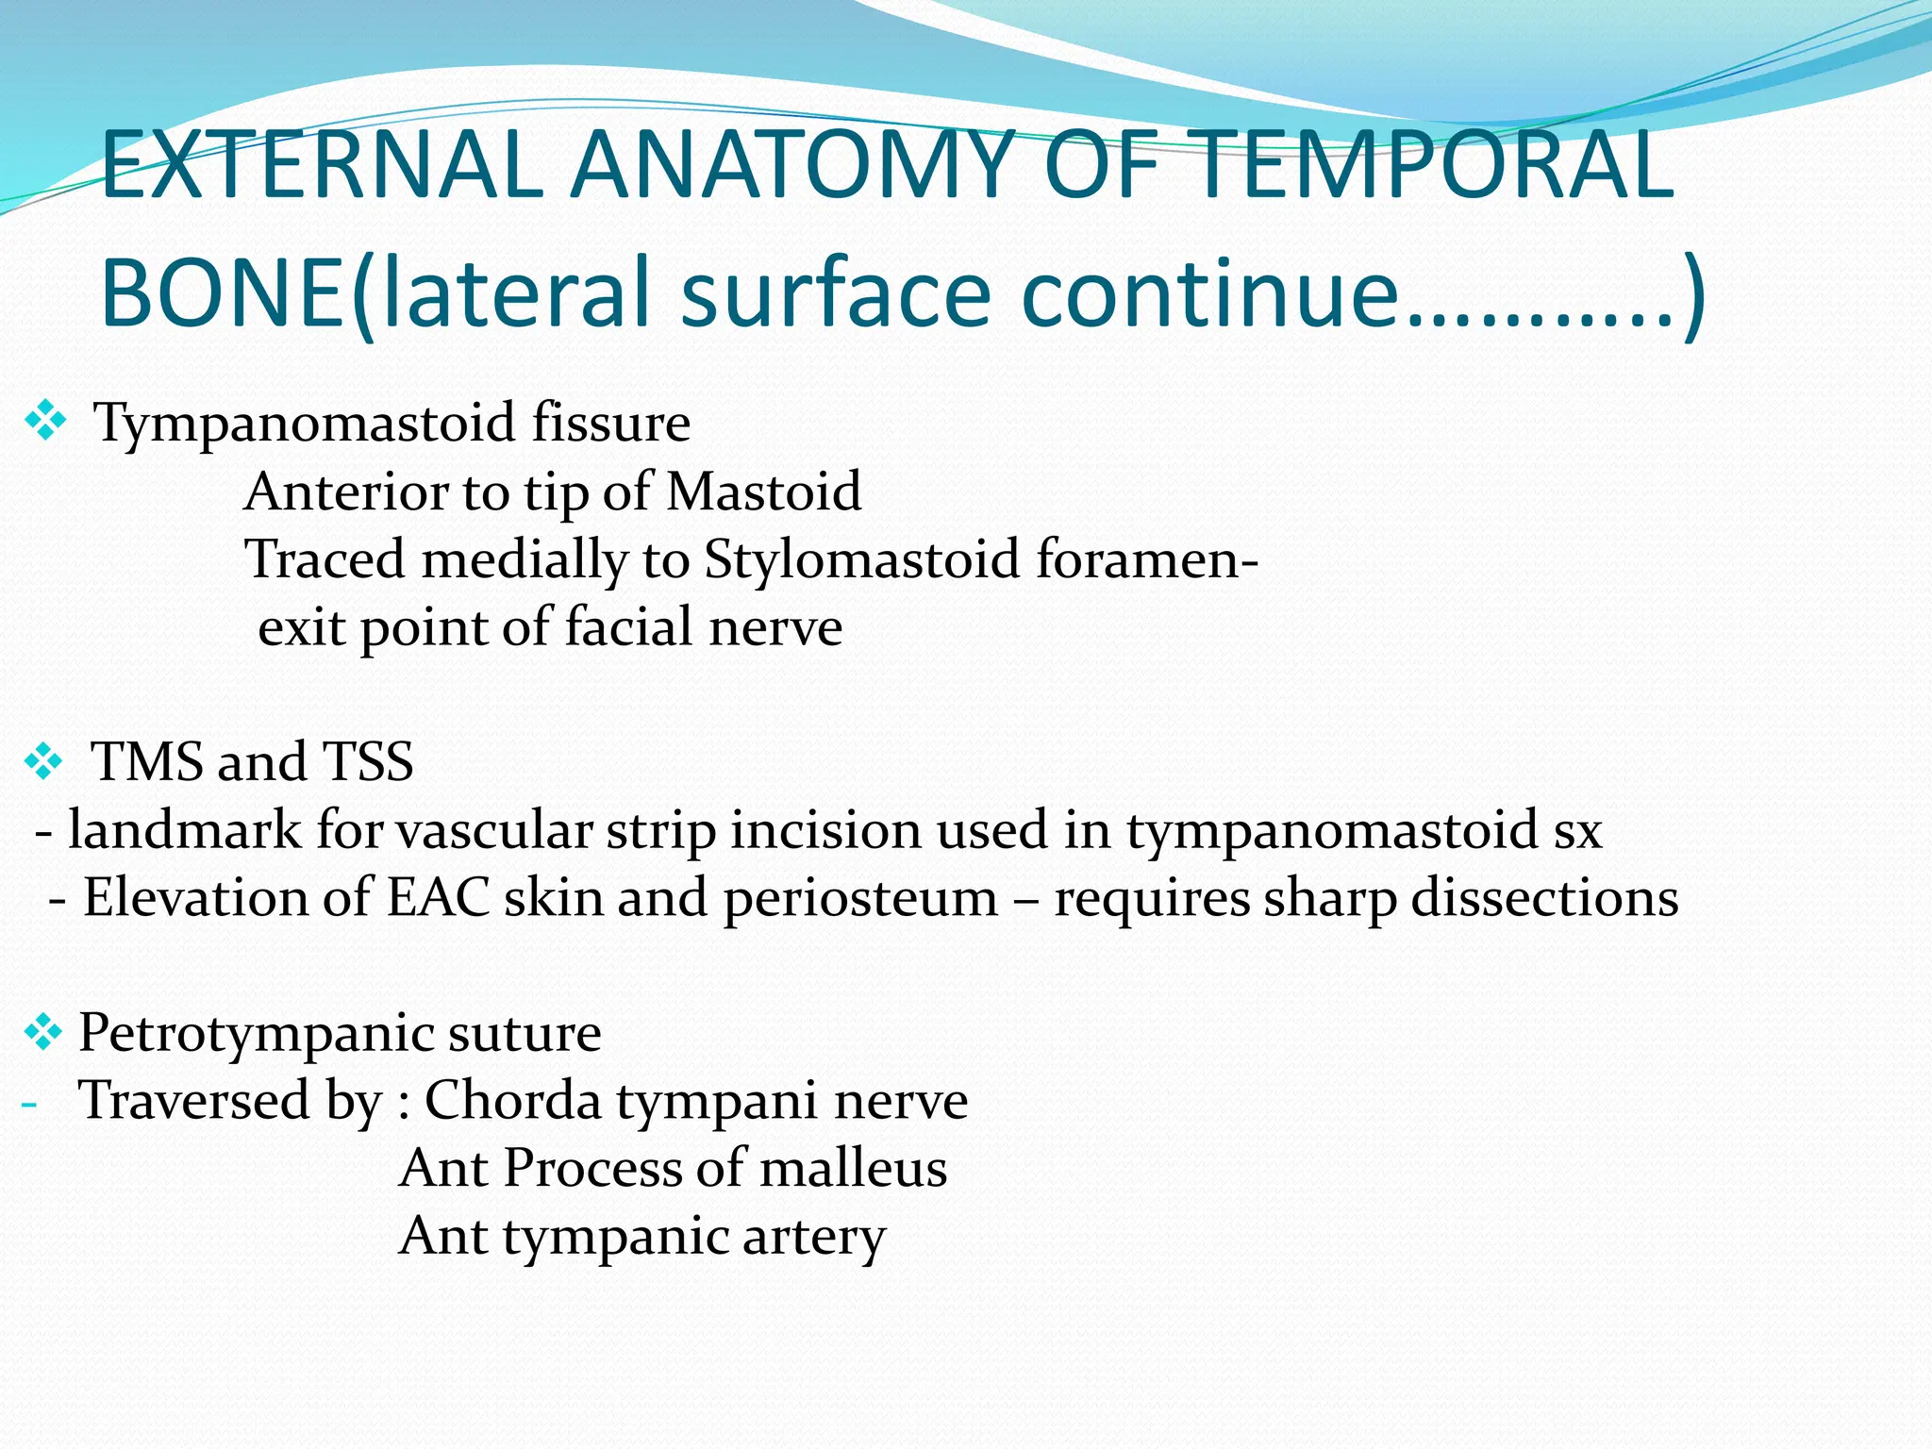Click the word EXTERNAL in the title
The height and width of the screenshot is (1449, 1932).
click(x=321, y=167)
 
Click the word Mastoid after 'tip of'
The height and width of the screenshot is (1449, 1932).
click(x=763, y=491)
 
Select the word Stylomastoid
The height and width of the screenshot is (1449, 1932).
click(x=862, y=559)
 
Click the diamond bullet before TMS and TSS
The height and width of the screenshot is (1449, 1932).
click(x=43, y=761)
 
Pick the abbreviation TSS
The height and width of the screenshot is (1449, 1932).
click(x=368, y=761)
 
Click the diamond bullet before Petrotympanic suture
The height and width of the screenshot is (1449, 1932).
click(x=42, y=1032)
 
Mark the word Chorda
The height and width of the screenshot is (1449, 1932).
click(x=512, y=1101)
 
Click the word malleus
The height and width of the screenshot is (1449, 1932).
click(x=853, y=1169)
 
